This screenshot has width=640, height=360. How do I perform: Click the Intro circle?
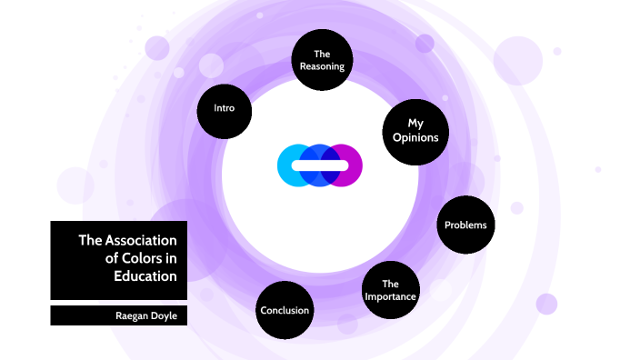(x=224, y=109)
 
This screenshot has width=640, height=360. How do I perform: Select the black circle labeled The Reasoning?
(x=322, y=60)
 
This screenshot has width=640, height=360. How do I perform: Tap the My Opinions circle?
(x=415, y=130)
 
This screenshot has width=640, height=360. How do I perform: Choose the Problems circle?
(x=465, y=225)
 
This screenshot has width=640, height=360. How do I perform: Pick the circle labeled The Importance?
(x=390, y=290)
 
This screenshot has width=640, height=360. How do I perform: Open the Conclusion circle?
(x=285, y=310)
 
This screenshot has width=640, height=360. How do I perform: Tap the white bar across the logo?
(x=320, y=165)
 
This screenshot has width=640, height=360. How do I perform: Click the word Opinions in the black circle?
(x=415, y=138)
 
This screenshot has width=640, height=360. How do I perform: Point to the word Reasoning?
(x=322, y=66)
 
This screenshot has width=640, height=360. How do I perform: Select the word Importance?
(x=390, y=296)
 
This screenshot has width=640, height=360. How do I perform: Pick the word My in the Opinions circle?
(x=415, y=122)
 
